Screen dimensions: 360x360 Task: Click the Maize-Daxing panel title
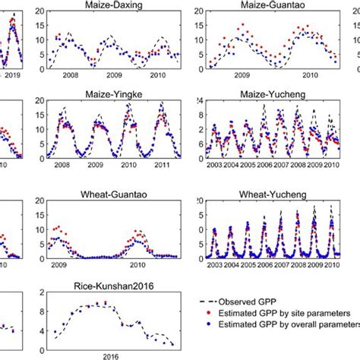point(112,5)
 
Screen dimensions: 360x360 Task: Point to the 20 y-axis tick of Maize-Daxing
point(38,11)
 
